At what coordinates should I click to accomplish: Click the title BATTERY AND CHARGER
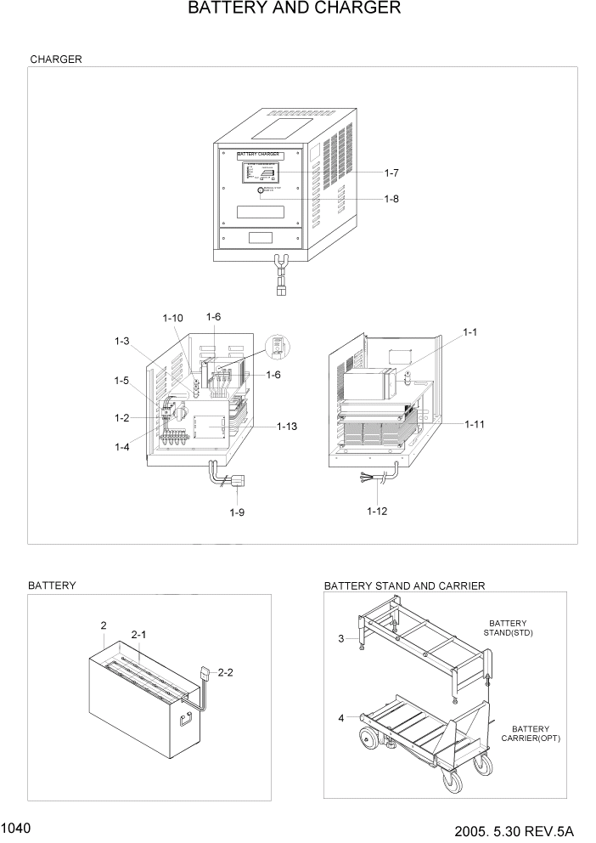point(294,9)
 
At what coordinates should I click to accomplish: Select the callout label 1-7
point(391,173)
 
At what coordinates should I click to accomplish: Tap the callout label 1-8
point(391,200)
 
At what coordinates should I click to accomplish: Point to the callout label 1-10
point(172,318)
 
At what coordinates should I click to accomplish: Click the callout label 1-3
point(122,342)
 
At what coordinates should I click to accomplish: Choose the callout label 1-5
point(122,381)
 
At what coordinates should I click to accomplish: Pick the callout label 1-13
point(288,426)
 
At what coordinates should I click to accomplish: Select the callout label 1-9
point(238,512)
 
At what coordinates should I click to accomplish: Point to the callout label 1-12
point(378,511)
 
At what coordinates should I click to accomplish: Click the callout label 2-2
point(226,672)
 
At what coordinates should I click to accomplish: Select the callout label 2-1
point(138,634)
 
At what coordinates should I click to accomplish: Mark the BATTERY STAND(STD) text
point(508,628)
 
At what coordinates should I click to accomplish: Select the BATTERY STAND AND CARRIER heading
point(404,586)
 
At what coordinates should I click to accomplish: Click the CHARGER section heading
point(56,59)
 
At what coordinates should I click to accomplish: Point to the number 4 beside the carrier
point(340,718)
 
